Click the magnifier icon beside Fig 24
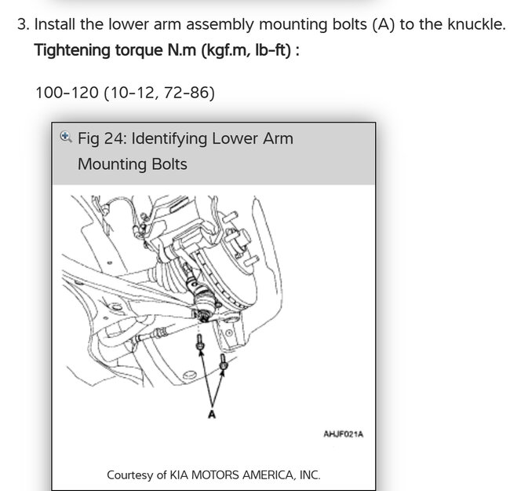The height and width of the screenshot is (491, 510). pyautogui.click(x=67, y=137)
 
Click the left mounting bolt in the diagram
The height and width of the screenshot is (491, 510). pyautogui.click(x=201, y=343)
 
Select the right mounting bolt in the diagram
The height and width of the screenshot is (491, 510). pyautogui.click(x=224, y=361)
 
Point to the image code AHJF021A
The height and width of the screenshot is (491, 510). pyautogui.click(x=343, y=434)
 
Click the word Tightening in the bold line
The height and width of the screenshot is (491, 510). pyautogui.click(x=71, y=50)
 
